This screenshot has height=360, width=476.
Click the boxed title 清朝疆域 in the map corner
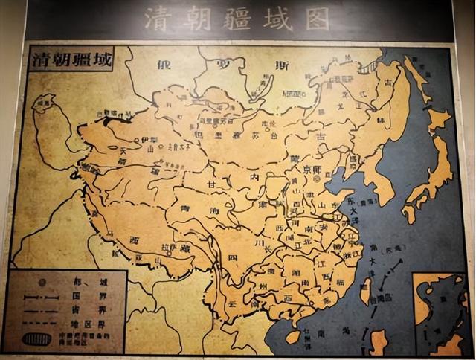tap(70, 61)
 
